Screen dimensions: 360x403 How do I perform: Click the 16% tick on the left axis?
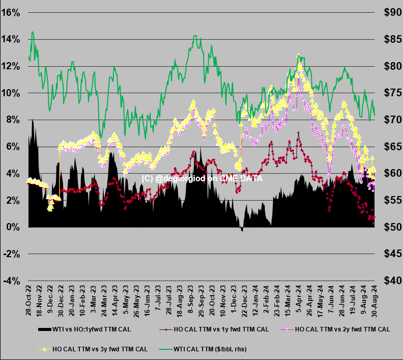pos(11,13)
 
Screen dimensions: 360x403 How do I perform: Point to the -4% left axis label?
pos(11,281)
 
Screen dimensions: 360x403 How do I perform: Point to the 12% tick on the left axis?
pos(11,66)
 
